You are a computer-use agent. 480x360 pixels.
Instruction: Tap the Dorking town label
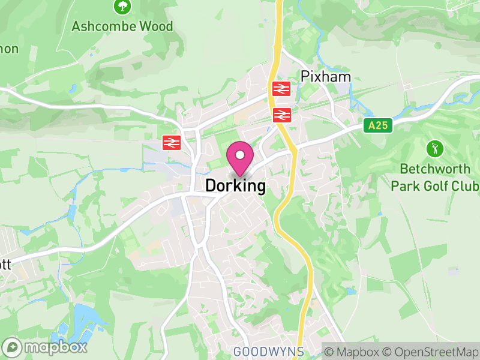pyautogui.click(x=235, y=186)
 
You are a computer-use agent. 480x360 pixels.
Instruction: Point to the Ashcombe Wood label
pyautogui.click(x=122, y=26)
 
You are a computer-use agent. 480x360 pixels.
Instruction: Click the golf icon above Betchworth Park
pyautogui.click(x=434, y=148)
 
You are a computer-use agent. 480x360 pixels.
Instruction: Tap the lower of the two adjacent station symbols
pyautogui.click(x=281, y=115)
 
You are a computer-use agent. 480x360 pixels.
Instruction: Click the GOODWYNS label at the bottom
pyautogui.click(x=268, y=351)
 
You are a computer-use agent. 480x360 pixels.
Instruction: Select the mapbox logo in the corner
pyautogui.click(x=46, y=347)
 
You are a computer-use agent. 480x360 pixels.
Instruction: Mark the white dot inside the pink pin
pyautogui.click(x=240, y=154)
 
